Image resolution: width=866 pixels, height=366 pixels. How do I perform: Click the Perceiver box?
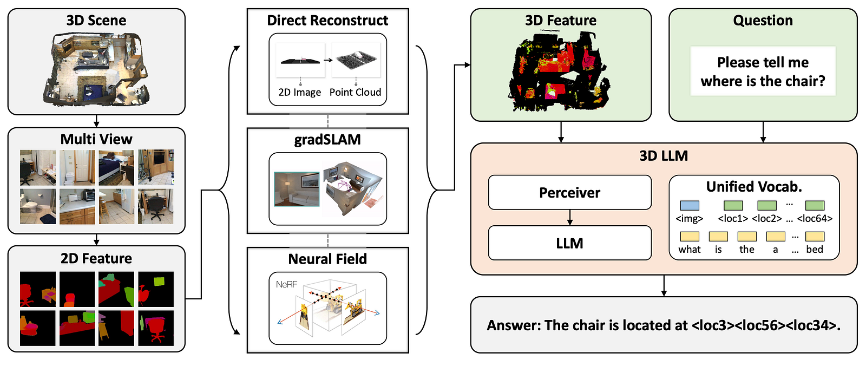coord(569,192)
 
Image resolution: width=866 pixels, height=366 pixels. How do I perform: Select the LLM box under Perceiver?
coord(569,243)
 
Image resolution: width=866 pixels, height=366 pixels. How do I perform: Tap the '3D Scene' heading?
coord(96,20)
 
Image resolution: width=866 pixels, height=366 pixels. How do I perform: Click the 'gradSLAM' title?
coord(327,139)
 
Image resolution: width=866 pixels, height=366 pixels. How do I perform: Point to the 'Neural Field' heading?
coord(327,259)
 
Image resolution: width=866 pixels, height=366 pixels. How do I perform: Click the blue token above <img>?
coord(690,205)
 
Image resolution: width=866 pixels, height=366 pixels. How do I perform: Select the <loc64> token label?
coord(815,219)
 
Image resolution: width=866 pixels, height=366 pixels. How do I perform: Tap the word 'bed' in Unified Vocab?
coord(815,250)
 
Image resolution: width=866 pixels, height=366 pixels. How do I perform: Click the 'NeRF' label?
coord(286,285)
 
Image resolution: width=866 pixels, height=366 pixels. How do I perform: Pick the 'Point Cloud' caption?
coord(355,92)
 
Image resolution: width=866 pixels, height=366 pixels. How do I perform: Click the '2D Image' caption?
coord(300,93)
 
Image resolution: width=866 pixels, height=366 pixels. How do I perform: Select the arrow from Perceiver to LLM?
coord(570,218)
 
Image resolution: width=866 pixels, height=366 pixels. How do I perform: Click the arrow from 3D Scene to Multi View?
coord(97,121)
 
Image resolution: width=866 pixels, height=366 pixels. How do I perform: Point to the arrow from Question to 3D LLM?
coord(763,132)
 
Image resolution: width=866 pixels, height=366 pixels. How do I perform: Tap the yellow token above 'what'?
coord(690,237)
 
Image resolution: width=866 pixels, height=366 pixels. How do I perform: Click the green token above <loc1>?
coord(733,205)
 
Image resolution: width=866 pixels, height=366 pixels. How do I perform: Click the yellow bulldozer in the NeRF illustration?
coord(355,309)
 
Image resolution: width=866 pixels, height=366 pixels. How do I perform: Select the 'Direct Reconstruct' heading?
coord(327,20)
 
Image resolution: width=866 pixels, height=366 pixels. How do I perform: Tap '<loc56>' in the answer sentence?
coord(760,325)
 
